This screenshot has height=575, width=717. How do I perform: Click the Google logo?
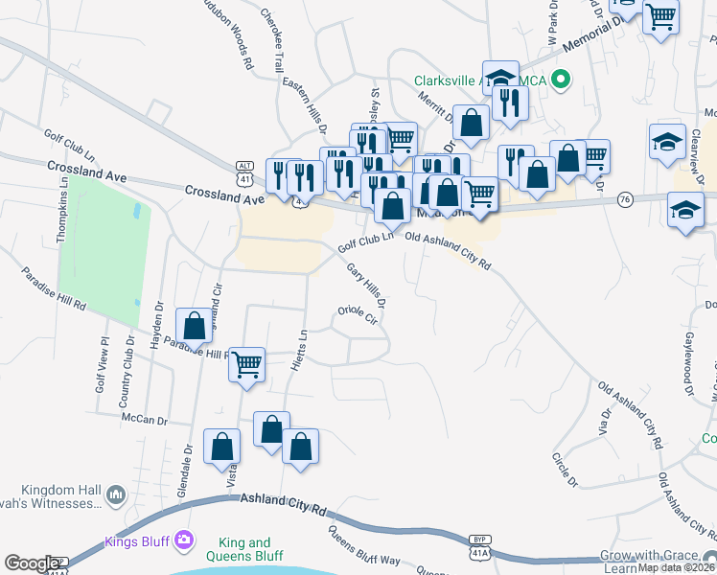[x=32, y=564]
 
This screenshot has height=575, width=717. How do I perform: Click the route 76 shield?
[x=625, y=199]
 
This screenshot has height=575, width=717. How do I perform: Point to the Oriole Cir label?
[x=360, y=315]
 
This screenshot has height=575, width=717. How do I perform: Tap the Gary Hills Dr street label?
[x=366, y=286]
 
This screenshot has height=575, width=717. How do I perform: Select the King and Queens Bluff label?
[x=245, y=550]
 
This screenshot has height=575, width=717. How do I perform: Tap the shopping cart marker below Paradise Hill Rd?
[x=247, y=363]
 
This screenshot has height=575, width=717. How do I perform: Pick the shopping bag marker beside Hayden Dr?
[x=195, y=326]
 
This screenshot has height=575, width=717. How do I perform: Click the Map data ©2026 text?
[x=678, y=567]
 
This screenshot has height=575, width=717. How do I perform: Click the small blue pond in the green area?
[x=141, y=209]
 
